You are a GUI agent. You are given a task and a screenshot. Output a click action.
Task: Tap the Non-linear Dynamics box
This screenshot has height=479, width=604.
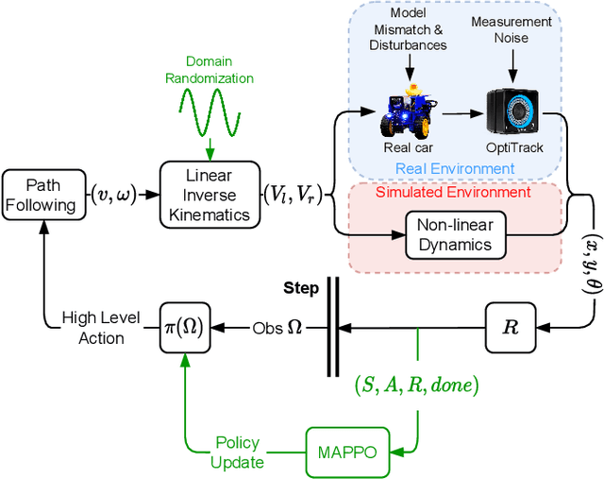[455, 233]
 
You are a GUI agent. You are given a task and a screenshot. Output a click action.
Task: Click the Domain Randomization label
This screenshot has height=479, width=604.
[210, 69]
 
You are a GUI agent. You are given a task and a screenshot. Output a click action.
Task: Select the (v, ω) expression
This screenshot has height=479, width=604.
[112, 197]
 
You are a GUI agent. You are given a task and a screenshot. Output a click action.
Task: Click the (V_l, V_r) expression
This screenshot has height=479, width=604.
[292, 197]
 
